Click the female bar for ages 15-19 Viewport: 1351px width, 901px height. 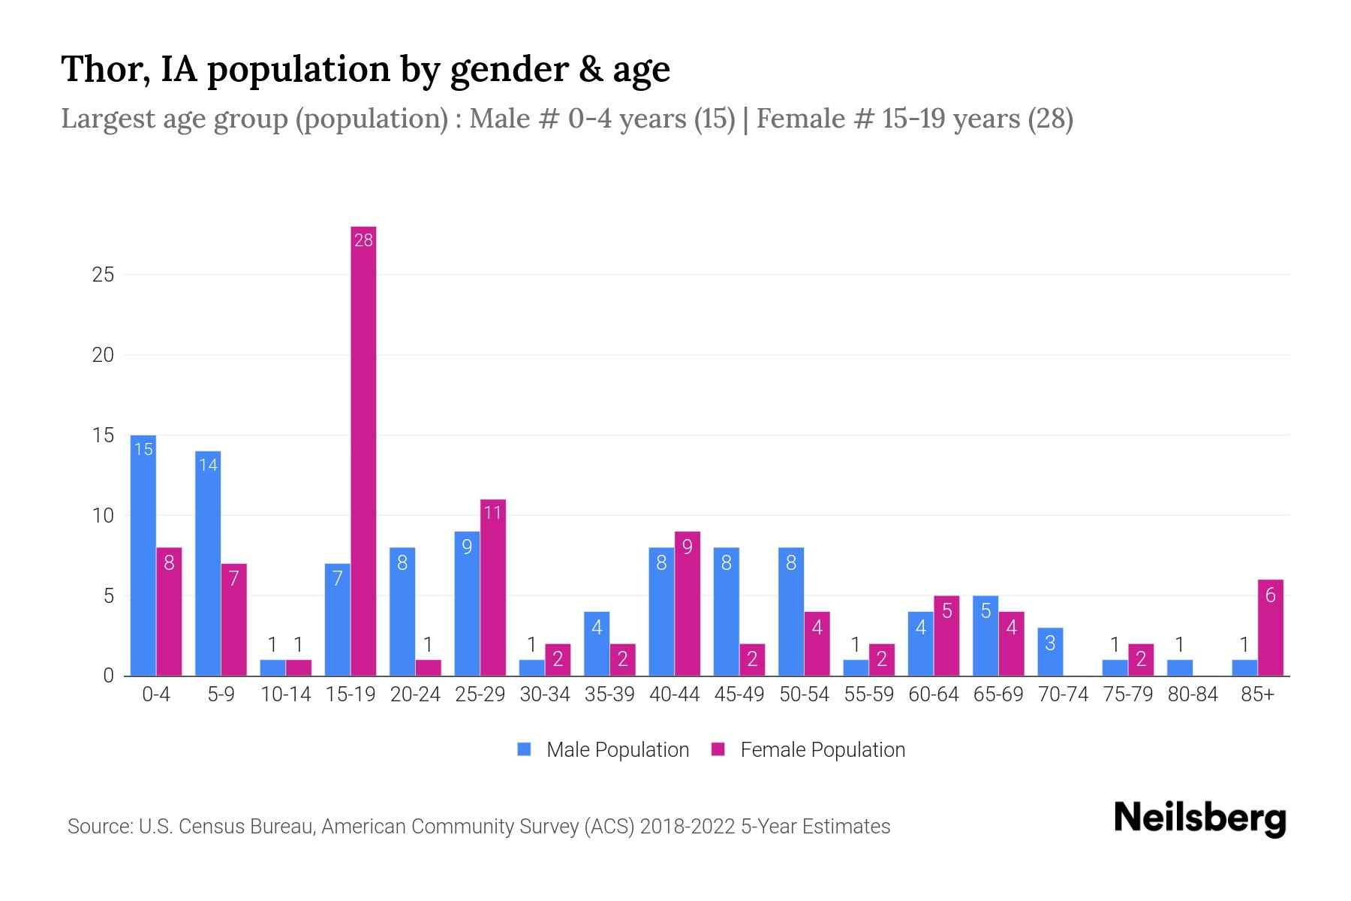tap(363, 450)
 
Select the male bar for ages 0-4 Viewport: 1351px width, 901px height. tap(143, 556)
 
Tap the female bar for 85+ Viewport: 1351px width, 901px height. tap(1270, 628)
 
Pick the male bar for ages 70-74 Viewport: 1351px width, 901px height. tap(1050, 652)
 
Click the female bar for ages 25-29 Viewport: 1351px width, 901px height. tap(493, 588)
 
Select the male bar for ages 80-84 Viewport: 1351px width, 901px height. tap(1179, 667)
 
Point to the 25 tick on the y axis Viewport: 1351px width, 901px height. tap(103, 275)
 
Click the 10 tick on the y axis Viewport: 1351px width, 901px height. tap(103, 516)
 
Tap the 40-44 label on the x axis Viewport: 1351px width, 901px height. tap(674, 695)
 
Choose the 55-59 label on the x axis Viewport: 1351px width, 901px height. tap(868, 695)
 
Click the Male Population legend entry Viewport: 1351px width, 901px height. tap(603, 749)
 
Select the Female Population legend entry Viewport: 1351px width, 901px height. tap(809, 749)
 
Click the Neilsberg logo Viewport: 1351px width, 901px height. tap(1199, 818)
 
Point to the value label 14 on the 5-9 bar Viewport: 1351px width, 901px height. tap(208, 465)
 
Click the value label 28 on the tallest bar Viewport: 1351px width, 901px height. tap(363, 240)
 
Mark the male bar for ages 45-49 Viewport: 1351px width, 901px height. tap(726, 612)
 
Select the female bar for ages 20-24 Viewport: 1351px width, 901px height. tap(429, 667)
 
